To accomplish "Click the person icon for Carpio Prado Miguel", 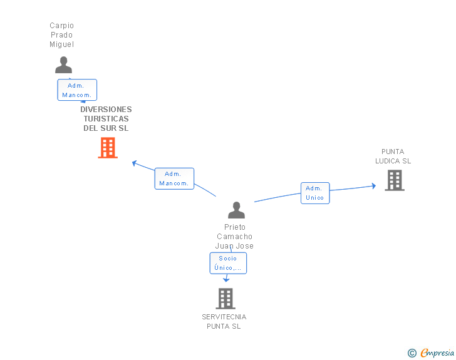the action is pyautogui.click(x=63, y=65).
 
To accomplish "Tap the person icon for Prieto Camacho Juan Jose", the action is pyautogui.click(x=236, y=210).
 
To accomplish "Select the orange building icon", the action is pyautogui.click(x=108, y=148).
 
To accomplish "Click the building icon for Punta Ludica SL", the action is pyautogui.click(x=395, y=180).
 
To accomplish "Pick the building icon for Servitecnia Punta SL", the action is pyautogui.click(x=225, y=299).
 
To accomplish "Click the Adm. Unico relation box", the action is pyautogui.click(x=315, y=193).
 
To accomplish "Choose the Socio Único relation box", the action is pyautogui.click(x=228, y=263).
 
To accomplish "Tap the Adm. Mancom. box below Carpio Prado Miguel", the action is pyautogui.click(x=77, y=90).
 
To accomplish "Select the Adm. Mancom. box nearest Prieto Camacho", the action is pyautogui.click(x=174, y=178).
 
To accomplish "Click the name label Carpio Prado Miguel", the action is pyautogui.click(x=61, y=35).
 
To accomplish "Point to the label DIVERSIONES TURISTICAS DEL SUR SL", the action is pyautogui.click(x=106, y=118).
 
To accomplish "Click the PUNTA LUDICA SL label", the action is pyautogui.click(x=393, y=156).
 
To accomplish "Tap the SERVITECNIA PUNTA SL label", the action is pyautogui.click(x=224, y=321).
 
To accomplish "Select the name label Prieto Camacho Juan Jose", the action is pyautogui.click(x=234, y=237).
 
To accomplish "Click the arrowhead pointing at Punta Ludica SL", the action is pyautogui.click(x=374, y=186).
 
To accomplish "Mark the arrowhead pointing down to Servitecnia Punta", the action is pyautogui.click(x=226, y=280).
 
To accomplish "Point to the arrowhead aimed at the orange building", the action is pyautogui.click(x=134, y=163).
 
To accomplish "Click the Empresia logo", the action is pyautogui.click(x=437, y=352).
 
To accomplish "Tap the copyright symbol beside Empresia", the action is pyautogui.click(x=412, y=353).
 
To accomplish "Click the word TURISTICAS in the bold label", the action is pyautogui.click(x=106, y=118).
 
